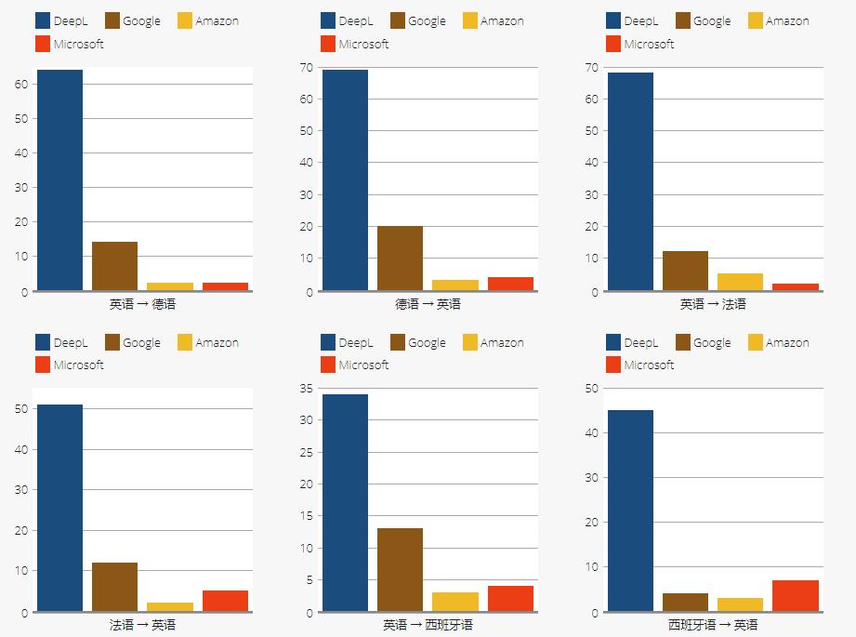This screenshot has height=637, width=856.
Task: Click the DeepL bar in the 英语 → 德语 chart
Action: [60, 180]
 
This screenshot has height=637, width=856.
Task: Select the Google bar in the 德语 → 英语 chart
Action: [400, 259]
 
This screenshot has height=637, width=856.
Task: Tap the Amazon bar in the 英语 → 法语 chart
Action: [740, 282]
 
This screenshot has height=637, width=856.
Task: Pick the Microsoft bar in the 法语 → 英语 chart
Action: [225, 601]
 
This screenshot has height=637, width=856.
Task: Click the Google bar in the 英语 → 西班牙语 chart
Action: [400, 570]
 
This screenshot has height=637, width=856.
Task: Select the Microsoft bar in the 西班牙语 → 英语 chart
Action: [796, 596]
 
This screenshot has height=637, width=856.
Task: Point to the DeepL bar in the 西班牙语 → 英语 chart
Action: [630, 511]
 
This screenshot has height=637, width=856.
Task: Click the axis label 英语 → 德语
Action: [142, 304]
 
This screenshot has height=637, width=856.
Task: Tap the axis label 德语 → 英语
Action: [428, 304]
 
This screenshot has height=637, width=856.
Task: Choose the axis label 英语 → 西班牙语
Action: [428, 625]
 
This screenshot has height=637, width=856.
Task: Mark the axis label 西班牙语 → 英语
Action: [713, 625]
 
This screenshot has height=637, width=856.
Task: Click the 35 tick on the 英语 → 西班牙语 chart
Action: [306, 389]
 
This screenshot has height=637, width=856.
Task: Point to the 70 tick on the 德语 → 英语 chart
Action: [306, 67]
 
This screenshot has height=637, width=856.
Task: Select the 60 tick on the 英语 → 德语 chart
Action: [20, 84]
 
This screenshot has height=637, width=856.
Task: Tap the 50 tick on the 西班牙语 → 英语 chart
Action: [591, 389]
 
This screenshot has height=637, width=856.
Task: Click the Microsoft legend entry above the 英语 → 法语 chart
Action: [639, 44]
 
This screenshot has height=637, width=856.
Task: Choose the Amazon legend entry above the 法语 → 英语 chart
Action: [207, 342]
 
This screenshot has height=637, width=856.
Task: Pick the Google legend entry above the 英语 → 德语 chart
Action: [132, 20]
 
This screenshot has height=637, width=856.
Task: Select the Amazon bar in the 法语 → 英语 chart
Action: [170, 607]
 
